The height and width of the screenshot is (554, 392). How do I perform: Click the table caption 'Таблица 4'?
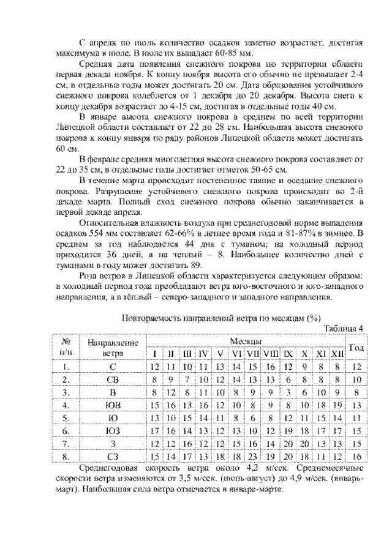(x=343, y=328)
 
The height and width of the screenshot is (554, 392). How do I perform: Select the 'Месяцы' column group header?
(x=247, y=340)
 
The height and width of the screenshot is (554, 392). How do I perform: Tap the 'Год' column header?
(x=356, y=347)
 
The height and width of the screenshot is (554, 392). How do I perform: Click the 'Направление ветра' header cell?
(x=112, y=347)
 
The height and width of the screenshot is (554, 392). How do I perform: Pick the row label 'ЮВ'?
(x=112, y=405)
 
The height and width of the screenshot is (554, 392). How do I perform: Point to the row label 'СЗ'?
(x=112, y=456)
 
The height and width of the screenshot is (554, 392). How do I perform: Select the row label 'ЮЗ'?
(x=112, y=430)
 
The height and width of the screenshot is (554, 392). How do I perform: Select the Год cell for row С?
(x=356, y=366)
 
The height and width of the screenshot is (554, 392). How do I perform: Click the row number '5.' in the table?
(x=64, y=417)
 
